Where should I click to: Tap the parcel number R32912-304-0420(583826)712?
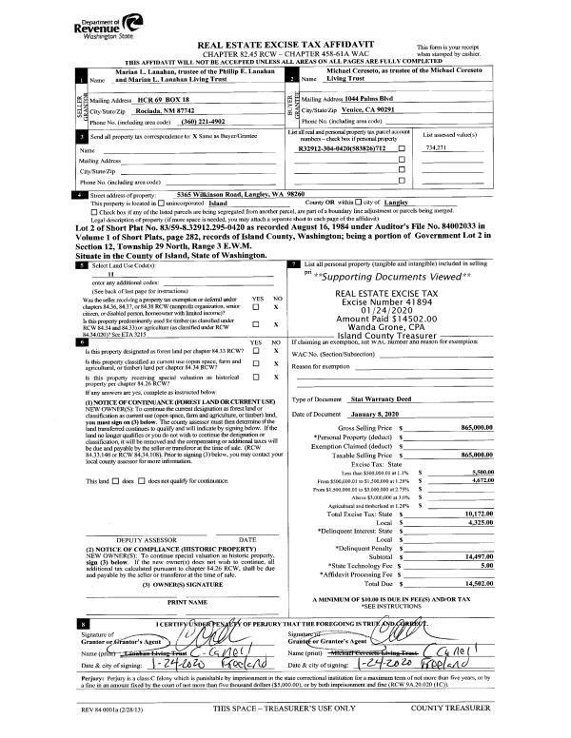click(344, 148)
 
